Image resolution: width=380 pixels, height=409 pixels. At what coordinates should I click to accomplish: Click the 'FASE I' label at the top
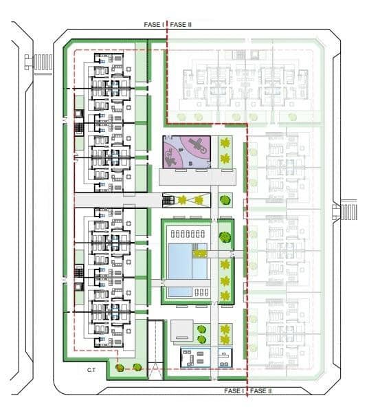pyautogui.click(x=153, y=25)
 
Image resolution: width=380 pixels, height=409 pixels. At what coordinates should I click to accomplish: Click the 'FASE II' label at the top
pyautogui.click(x=181, y=25)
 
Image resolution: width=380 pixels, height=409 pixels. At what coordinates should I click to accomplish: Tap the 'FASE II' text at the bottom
pyautogui.click(x=260, y=390)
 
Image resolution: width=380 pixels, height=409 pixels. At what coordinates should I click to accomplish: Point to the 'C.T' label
pyautogui.click(x=91, y=371)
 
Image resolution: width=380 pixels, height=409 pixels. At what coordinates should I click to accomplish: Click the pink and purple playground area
pyautogui.click(x=186, y=151)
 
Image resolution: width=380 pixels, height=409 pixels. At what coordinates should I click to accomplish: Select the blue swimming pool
pyautogui.click(x=185, y=265)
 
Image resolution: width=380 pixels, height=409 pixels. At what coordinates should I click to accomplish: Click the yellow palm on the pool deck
pyautogui.click(x=199, y=254)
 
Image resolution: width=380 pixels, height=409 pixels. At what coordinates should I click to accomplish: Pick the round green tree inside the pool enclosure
pyautogui.click(x=223, y=238)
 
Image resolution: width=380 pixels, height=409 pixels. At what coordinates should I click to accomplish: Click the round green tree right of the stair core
pyautogui.click(x=223, y=201)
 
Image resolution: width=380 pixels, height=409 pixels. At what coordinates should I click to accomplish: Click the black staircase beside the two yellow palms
pyautogui.click(x=168, y=201)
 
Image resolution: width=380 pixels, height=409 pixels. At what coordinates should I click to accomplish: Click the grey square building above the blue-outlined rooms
pyautogui.click(x=182, y=330)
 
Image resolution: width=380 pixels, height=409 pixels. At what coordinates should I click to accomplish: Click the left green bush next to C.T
pyautogui.click(x=120, y=368)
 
